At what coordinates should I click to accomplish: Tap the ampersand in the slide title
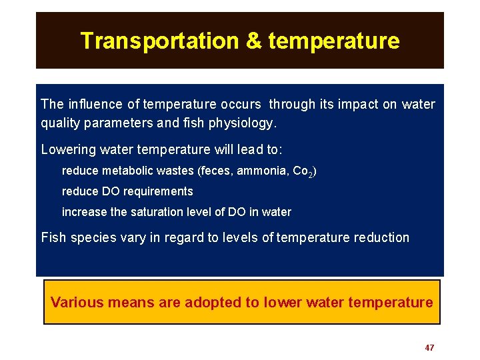tap(254, 41)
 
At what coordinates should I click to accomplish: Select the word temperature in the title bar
tap(334, 41)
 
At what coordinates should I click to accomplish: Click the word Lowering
tap(67, 149)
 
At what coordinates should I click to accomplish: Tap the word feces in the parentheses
tap(215, 171)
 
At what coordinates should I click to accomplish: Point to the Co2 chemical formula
tap(302, 172)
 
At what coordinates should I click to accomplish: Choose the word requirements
tap(161, 192)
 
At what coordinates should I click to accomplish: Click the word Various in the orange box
tap(77, 302)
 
